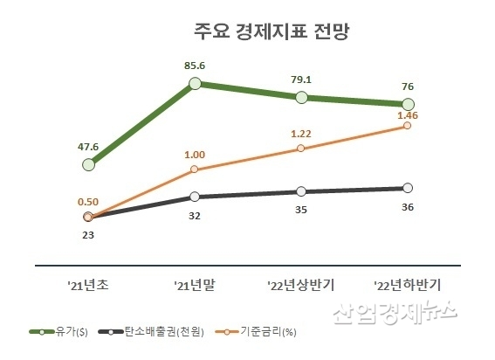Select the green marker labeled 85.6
[196, 84]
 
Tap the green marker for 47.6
[88, 164]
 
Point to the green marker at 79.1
[301, 97]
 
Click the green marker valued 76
[408, 105]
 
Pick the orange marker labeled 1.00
[195, 170]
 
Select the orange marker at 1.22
[301, 148]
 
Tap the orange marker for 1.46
[408, 126]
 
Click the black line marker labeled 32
[195, 197]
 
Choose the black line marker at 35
[301, 191]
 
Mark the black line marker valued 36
[408, 188]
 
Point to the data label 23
[87, 235]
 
